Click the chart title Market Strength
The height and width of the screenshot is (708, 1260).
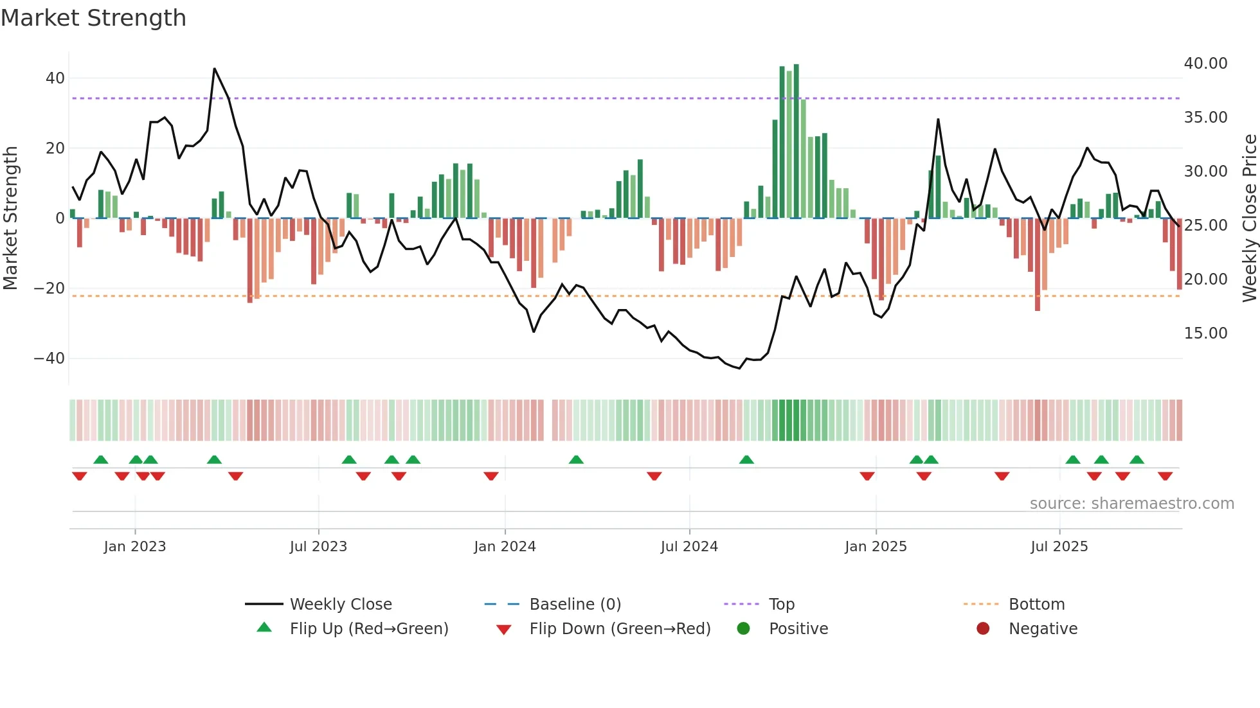pyautogui.click(x=93, y=18)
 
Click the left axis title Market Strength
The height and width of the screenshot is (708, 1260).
pyautogui.click(x=11, y=218)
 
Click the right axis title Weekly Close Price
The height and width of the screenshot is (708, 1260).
pyautogui.click(x=1249, y=218)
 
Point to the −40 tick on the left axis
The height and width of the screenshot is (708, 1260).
pyautogui.click(x=50, y=358)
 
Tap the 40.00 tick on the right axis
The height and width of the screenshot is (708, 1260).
pyautogui.click(x=1205, y=63)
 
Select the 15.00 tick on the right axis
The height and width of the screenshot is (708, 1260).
pyautogui.click(x=1205, y=333)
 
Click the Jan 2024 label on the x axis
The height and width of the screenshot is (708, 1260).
pyautogui.click(x=505, y=546)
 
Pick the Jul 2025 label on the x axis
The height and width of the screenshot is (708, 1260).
pyautogui.click(x=1059, y=546)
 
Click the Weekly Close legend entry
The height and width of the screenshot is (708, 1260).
pyautogui.click(x=340, y=604)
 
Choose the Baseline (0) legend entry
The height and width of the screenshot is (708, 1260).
pyautogui.click(x=575, y=604)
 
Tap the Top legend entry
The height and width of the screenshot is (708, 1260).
pyautogui.click(x=781, y=604)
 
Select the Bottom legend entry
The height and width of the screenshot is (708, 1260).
pyautogui.click(x=1036, y=604)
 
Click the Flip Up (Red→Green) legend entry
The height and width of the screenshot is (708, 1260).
pyautogui.click(x=368, y=628)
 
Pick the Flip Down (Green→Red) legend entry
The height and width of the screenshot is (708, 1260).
pyautogui.click(x=620, y=628)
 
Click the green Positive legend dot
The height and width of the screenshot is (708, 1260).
pyautogui.click(x=744, y=628)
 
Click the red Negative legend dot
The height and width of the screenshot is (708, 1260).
pyautogui.click(x=983, y=628)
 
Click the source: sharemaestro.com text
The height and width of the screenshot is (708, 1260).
pyautogui.click(x=1131, y=503)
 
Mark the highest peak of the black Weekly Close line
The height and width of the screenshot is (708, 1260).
pyautogui.click(x=214, y=69)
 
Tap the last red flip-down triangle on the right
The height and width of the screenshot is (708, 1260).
pyautogui.click(x=1165, y=476)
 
